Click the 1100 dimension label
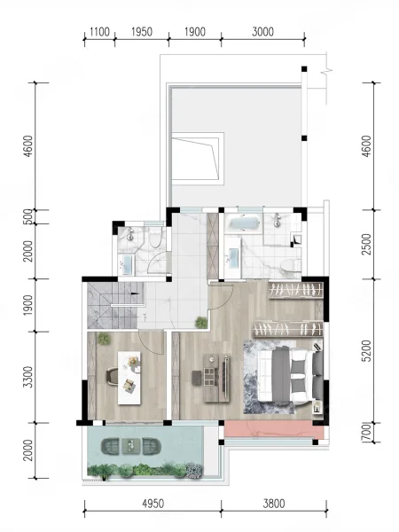pos(99,32)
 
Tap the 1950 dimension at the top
pos(142,32)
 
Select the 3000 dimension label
pos(262,32)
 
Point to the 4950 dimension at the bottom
pos(153,504)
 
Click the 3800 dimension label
pos(274,504)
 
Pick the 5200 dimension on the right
pos(367,351)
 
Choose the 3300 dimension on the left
pos(29,377)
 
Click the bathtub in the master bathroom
pos(244,223)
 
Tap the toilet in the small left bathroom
pos(156,238)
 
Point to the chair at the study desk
pos(113,377)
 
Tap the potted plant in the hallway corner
pos(201,323)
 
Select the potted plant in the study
pos(104,339)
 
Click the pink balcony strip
pos(274,430)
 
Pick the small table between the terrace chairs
pos(130,447)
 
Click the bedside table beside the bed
pos(317,407)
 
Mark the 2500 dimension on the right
pos(367,244)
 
